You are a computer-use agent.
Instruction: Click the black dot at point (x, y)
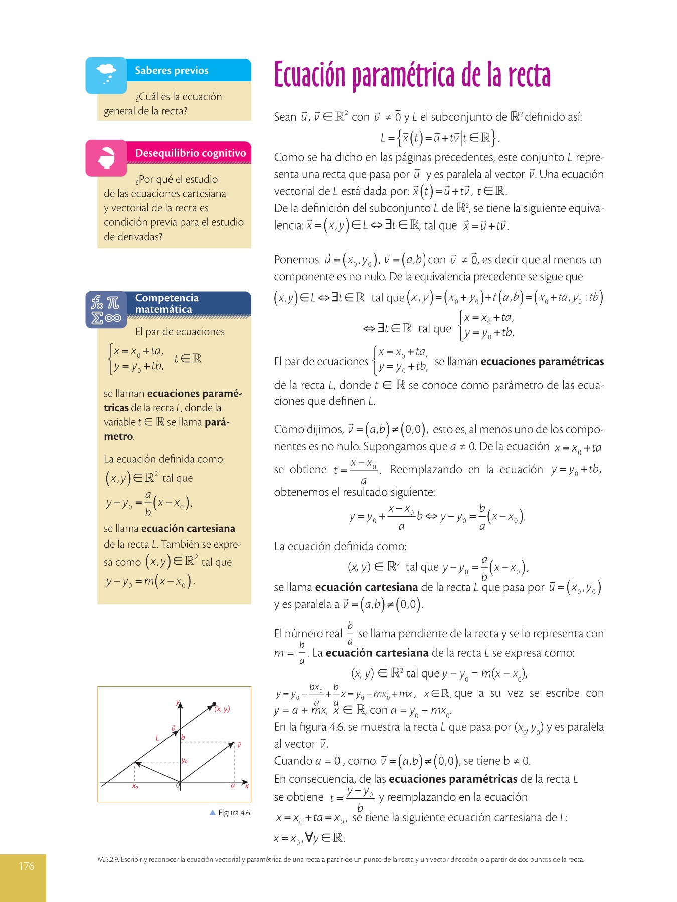215,704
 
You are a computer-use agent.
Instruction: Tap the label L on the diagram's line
157,738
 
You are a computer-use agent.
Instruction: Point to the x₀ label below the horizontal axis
135,787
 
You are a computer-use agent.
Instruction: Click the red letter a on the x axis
233,785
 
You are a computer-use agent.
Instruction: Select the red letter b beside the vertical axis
183,737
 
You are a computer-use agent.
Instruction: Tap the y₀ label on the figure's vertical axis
185,761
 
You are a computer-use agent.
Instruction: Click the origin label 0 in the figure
178,785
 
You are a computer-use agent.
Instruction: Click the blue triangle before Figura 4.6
212,812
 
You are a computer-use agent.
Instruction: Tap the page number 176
27,866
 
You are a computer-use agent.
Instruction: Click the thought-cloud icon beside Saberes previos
106,73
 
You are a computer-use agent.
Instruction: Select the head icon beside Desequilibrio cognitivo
106,158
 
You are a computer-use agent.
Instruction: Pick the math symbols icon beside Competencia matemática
106,310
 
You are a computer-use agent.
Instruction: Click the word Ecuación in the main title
309,75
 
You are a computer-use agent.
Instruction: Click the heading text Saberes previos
172,71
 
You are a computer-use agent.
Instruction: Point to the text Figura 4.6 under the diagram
235,813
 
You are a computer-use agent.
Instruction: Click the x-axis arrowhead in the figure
245,782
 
